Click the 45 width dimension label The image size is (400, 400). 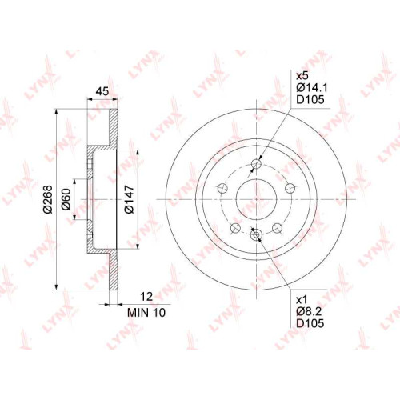(x=102, y=91)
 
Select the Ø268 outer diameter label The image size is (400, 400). (x=48, y=199)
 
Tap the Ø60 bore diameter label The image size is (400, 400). (x=66, y=199)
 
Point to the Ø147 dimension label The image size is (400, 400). (x=129, y=199)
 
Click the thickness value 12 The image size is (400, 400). (x=146, y=297)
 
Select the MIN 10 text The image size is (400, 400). (x=146, y=312)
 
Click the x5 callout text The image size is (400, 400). (x=302, y=76)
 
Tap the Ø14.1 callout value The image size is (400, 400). (x=312, y=87)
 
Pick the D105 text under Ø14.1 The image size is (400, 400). (x=310, y=99)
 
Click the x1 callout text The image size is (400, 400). (x=302, y=300)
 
